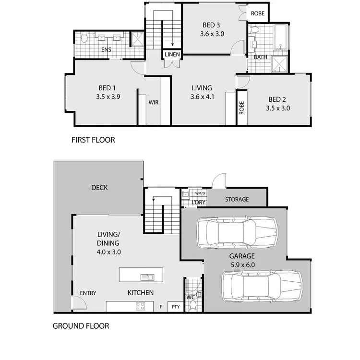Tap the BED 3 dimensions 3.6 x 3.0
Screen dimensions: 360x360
pyautogui.click(x=213, y=34)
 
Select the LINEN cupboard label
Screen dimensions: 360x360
pyautogui.click(x=172, y=55)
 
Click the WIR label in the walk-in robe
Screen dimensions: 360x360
pyautogui.click(x=154, y=102)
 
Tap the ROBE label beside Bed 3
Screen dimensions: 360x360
pyautogui.click(x=257, y=14)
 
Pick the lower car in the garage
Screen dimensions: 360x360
pyautogui.click(x=262, y=287)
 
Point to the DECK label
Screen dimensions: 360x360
pyautogui.click(x=99, y=188)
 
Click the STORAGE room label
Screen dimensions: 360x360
pyautogui.click(x=237, y=199)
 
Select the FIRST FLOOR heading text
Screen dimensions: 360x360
pyautogui.click(x=93, y=141)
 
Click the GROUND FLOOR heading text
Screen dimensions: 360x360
pyautogui.click(x=81, y=326)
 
